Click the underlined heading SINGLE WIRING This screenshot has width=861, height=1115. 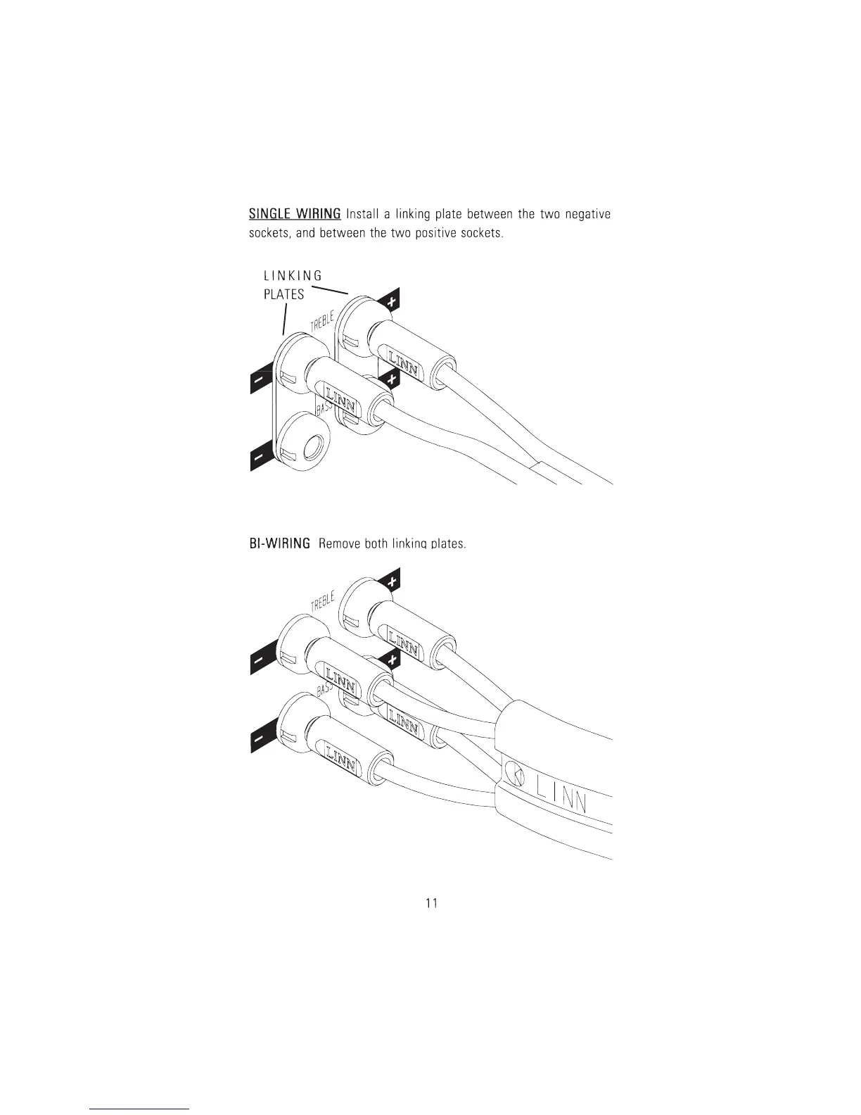pyautogui.click(x=295, y=213)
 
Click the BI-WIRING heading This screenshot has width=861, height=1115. pyautogui.click(x=279, y=543)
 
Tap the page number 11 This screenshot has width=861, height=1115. pyautogui.click(x=431, y=903)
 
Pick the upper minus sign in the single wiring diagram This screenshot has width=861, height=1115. pyautogui.click(x=260, y=381)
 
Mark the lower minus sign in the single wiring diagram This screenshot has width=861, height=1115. pyautogui.click(x=260, y=458)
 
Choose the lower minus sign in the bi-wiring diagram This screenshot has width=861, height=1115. pyautogui.click(x=260, y=740)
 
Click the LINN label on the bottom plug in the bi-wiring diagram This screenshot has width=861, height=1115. pyautogui.click(x=339, y=757)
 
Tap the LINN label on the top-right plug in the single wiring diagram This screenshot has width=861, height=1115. pyautogui.click(x=402, y=360)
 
